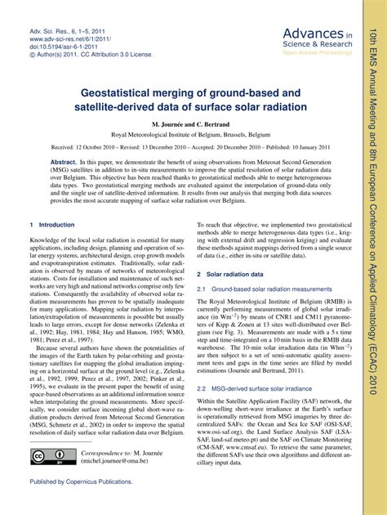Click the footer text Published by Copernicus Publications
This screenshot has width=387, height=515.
(x=81, y=504)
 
